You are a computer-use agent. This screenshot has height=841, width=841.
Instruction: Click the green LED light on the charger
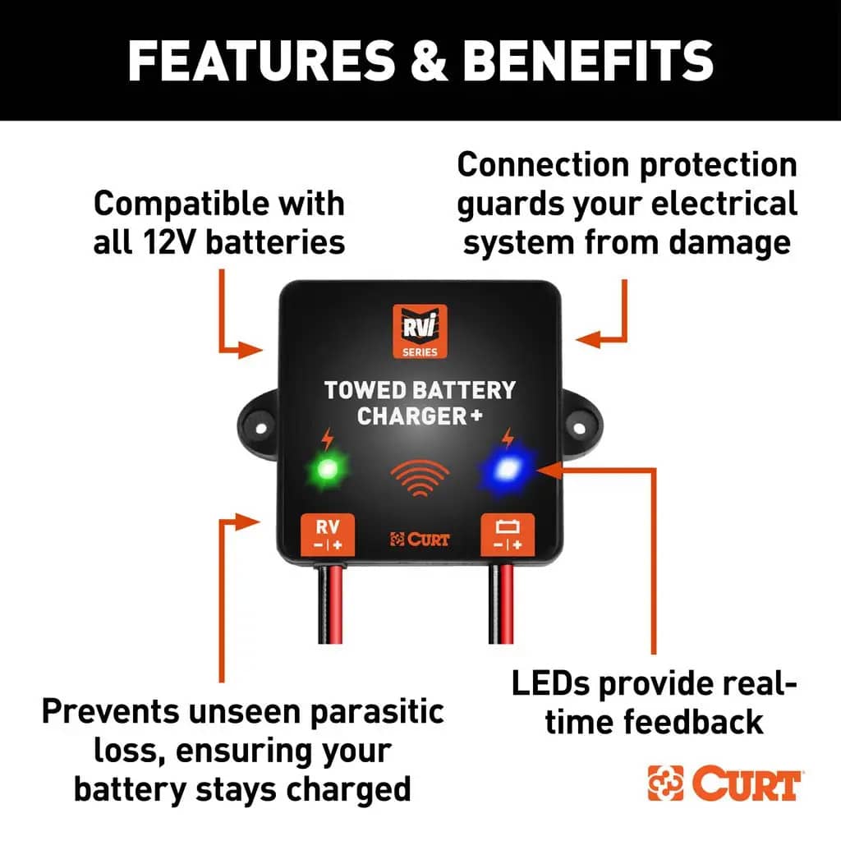(327, 470)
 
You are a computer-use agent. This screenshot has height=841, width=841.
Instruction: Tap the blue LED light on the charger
(506, 470)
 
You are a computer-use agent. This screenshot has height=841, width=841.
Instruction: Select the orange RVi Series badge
(420, 332)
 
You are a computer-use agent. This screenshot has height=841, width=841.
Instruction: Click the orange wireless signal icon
(420, 477)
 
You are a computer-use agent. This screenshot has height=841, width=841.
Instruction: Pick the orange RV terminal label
(328, 534)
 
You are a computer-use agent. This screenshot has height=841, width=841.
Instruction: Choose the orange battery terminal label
(508, 534)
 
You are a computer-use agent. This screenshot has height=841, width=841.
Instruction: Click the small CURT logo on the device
(420, 539)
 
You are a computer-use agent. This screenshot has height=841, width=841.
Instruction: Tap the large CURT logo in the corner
(724, 784)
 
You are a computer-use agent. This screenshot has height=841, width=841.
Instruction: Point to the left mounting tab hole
(260, 429)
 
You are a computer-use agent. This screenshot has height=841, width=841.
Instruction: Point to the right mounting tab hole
(579, 428)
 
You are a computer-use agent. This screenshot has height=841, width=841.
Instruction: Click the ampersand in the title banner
(429, 60)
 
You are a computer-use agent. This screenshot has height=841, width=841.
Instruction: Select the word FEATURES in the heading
(262, 60)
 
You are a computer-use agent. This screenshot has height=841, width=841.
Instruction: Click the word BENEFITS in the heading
(588, 60)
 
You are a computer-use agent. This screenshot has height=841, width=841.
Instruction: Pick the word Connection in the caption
(544, 164)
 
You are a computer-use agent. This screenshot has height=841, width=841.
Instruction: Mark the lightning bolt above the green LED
(327, 439)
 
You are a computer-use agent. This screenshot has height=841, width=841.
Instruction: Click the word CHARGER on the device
(412, 416)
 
